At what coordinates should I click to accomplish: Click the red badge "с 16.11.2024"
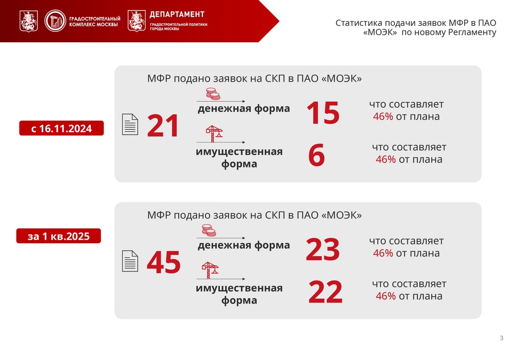pos(62,129)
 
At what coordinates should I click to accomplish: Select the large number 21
pos(163,126)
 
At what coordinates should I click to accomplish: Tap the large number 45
pos(164,263)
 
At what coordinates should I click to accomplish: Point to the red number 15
pos(323,113)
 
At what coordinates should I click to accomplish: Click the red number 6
pos(317,156)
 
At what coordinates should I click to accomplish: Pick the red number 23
pos(323,250)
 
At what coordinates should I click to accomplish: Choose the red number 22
pos(326,292)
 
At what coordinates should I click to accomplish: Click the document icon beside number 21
pos(130,124)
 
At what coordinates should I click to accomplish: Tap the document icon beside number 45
pos(130,261)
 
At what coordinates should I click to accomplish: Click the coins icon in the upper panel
pos(213,94)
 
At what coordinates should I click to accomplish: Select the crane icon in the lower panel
pos(210,270)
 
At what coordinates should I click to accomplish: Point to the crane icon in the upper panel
pos(214,133)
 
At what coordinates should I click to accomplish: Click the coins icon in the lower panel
pos(209,230)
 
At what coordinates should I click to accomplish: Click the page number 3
pos(501,339)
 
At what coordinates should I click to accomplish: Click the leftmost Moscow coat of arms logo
pos(28,21)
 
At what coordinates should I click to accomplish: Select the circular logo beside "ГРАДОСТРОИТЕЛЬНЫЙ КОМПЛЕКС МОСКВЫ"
pos(54,21)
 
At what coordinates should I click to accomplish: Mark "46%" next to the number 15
pos(383,117)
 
